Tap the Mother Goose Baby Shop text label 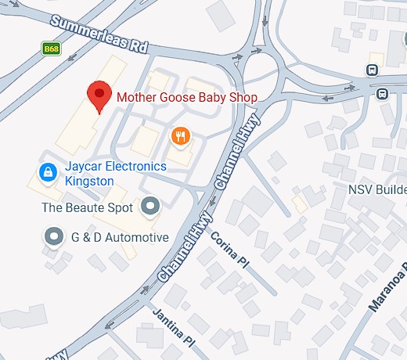pos(187,98)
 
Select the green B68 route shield pos(52,49)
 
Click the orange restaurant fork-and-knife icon pos(181,136)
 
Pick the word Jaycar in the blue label pos(84,167)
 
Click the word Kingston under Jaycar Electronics pos(89,181)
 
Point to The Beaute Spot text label pos(88,207)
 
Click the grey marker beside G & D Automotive pos(53,236)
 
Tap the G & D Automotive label pos(119,237)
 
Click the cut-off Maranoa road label pos(389,289)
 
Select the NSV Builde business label pos(377,191)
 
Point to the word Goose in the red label pos(182,98)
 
